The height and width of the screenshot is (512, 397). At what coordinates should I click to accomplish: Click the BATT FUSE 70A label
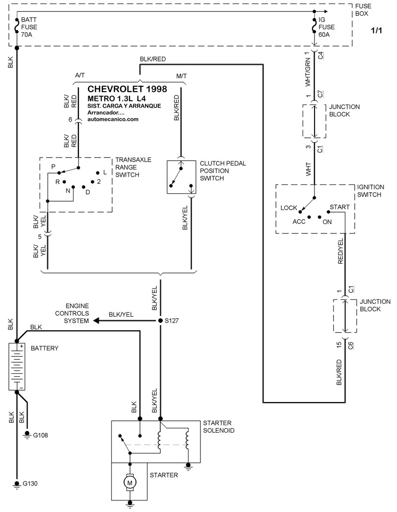pos(29,27)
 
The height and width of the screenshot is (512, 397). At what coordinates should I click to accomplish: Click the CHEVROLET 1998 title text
pos(127,89)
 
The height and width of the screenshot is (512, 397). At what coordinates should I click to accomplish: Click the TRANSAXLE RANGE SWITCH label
pos(133,167)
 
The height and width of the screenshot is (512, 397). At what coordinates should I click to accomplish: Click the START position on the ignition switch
pos(339,207)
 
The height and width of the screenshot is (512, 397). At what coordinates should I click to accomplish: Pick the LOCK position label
pos(288,208)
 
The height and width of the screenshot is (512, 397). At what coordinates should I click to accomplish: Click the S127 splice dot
pos(160,321)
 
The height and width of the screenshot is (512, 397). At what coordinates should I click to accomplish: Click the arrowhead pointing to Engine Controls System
pos(95,321)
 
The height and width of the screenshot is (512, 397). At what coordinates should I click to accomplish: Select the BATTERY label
pos(45,348)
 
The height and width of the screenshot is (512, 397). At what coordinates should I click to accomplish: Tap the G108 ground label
pos(41,435)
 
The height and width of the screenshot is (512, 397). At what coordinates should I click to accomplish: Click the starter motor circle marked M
pos(130,481)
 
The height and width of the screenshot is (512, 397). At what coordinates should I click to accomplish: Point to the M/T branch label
pos(182,75)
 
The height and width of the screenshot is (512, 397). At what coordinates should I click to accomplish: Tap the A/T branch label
pos(80,75)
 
